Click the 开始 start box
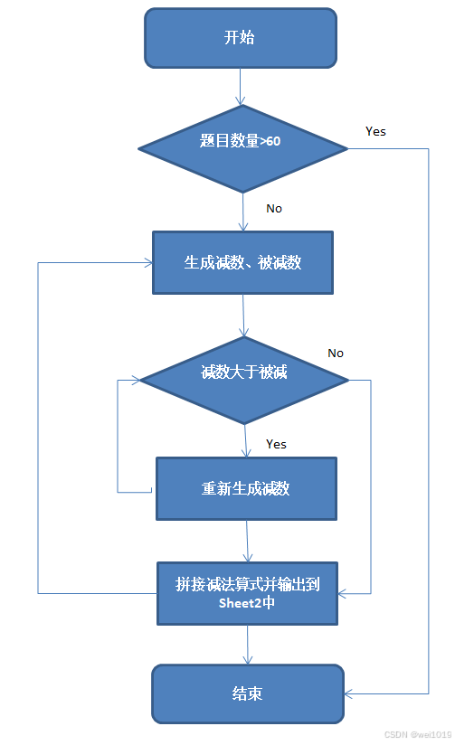[x=241, y=38]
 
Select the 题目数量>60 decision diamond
[x=243, y=148]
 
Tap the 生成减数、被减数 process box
[x=242, y=263]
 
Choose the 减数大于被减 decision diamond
[x=244, y=380]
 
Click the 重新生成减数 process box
[x=246, y=488]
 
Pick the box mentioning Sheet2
[x=247, y=593]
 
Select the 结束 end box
[x=248, y=693]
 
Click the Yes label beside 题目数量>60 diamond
[x=375, y=132]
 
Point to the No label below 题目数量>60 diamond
[x=274, y=209]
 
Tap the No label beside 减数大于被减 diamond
[x=336, y=353]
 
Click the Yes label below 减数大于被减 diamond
[x=276, y=444]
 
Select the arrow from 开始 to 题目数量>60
[x=241, y=87]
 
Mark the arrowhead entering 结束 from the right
[x=348, y=694]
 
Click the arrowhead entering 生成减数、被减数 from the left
[x=147, y=262]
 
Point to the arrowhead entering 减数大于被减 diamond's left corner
[x=136, y=380]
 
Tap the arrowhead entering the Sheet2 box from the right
[x=342, y=593]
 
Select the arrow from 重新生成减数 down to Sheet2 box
[x=247, y=542]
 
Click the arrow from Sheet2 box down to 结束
[x=248, y=645]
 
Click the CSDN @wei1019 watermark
[x=418, y=734]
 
